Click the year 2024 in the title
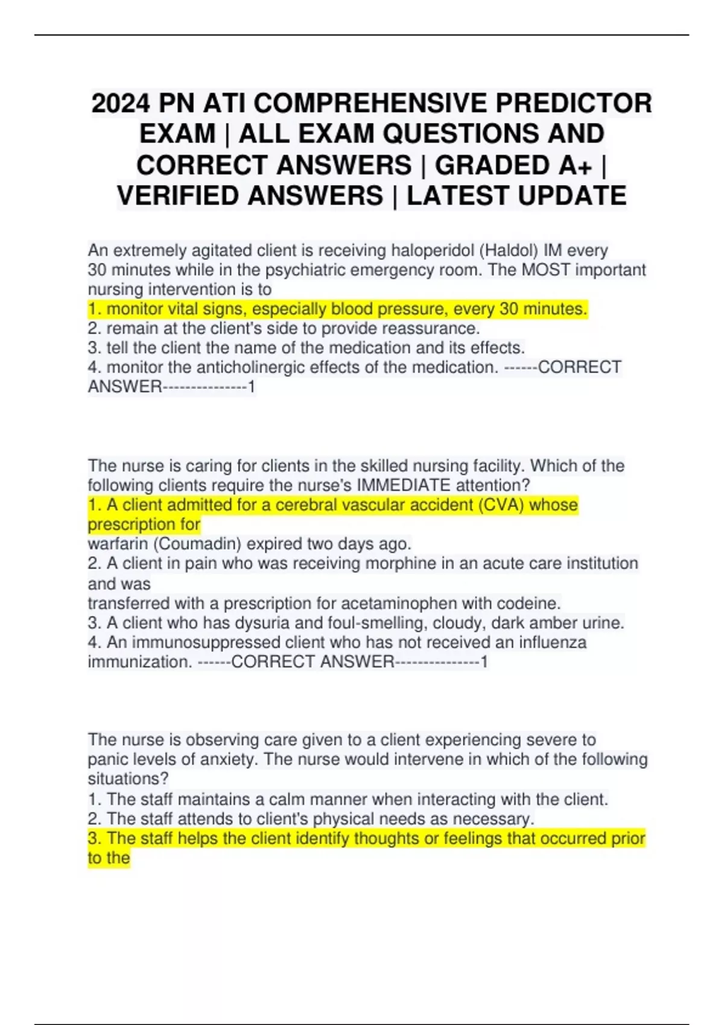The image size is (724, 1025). [120, 103]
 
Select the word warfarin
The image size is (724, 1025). [118, 544]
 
